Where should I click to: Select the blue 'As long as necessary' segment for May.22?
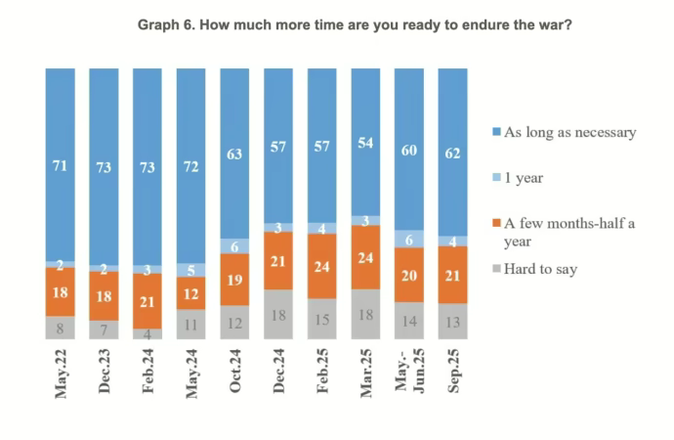tap(60, 166)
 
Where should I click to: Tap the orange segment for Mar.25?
tap(366, 257)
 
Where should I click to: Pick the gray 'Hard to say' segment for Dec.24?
tap(278, 314)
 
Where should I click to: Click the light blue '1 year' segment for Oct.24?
tap(234, 246)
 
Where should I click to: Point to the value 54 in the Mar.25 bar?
tap(366, 143)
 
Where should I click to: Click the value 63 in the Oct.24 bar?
tap(234, 153)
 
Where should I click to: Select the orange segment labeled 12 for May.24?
tap(190, 293)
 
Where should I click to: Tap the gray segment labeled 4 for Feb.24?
tap(147, 333)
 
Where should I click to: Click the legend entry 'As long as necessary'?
tap(568, 132)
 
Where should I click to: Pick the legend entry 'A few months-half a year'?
tap(568, 233)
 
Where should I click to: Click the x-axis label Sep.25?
tap(453, 373)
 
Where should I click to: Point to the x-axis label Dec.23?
tap(104, 373)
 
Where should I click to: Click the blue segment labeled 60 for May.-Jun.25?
tap(410, 149)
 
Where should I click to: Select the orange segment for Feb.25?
tap(322, 266)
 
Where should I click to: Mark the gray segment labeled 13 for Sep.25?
tap(453, 322)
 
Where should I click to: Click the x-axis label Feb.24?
tap(147, 373)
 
